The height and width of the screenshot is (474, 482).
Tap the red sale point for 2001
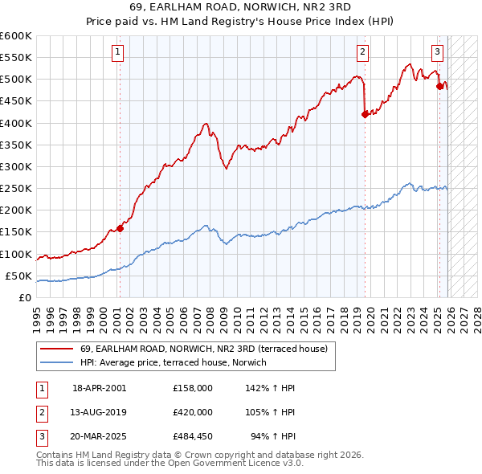pos(120,228)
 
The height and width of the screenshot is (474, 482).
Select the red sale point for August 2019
pos(365,114)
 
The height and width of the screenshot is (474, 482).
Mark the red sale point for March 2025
pos(439,86)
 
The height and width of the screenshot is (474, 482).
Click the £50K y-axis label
pos(18,276)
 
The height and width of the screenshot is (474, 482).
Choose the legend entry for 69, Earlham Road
pos(203,349)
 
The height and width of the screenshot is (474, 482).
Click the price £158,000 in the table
pos(192,388)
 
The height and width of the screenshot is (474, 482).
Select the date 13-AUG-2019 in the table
pos(99,413)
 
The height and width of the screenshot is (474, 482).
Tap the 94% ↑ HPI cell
pos(275,438)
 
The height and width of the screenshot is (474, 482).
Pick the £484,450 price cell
pos(192,438)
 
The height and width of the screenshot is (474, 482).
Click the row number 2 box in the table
pos(40,413)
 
